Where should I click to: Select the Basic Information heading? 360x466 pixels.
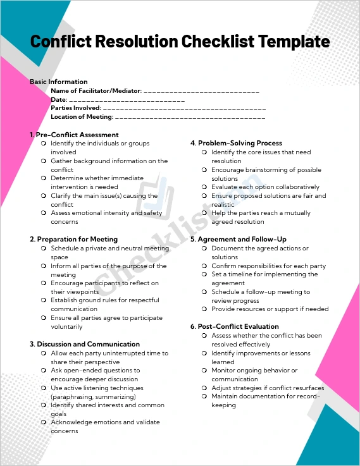59,82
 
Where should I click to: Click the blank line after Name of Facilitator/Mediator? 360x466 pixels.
202,91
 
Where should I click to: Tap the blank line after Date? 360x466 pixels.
127,100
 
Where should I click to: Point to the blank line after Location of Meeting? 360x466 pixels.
190,117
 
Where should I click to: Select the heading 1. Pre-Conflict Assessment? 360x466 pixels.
74,135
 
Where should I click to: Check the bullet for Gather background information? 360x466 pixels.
43,161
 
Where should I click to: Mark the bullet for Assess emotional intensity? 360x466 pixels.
43,213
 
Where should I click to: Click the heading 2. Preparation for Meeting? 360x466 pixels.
73,239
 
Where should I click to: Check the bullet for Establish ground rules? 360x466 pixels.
43,300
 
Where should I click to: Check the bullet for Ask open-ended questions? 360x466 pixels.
43,371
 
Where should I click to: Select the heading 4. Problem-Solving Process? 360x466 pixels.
236,144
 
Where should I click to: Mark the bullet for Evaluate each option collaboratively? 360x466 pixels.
204,187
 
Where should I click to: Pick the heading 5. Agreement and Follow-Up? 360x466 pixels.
238,240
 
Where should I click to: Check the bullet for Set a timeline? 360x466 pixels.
204,274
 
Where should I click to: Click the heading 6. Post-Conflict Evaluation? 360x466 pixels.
234,326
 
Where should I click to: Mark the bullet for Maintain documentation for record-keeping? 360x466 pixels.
204,396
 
